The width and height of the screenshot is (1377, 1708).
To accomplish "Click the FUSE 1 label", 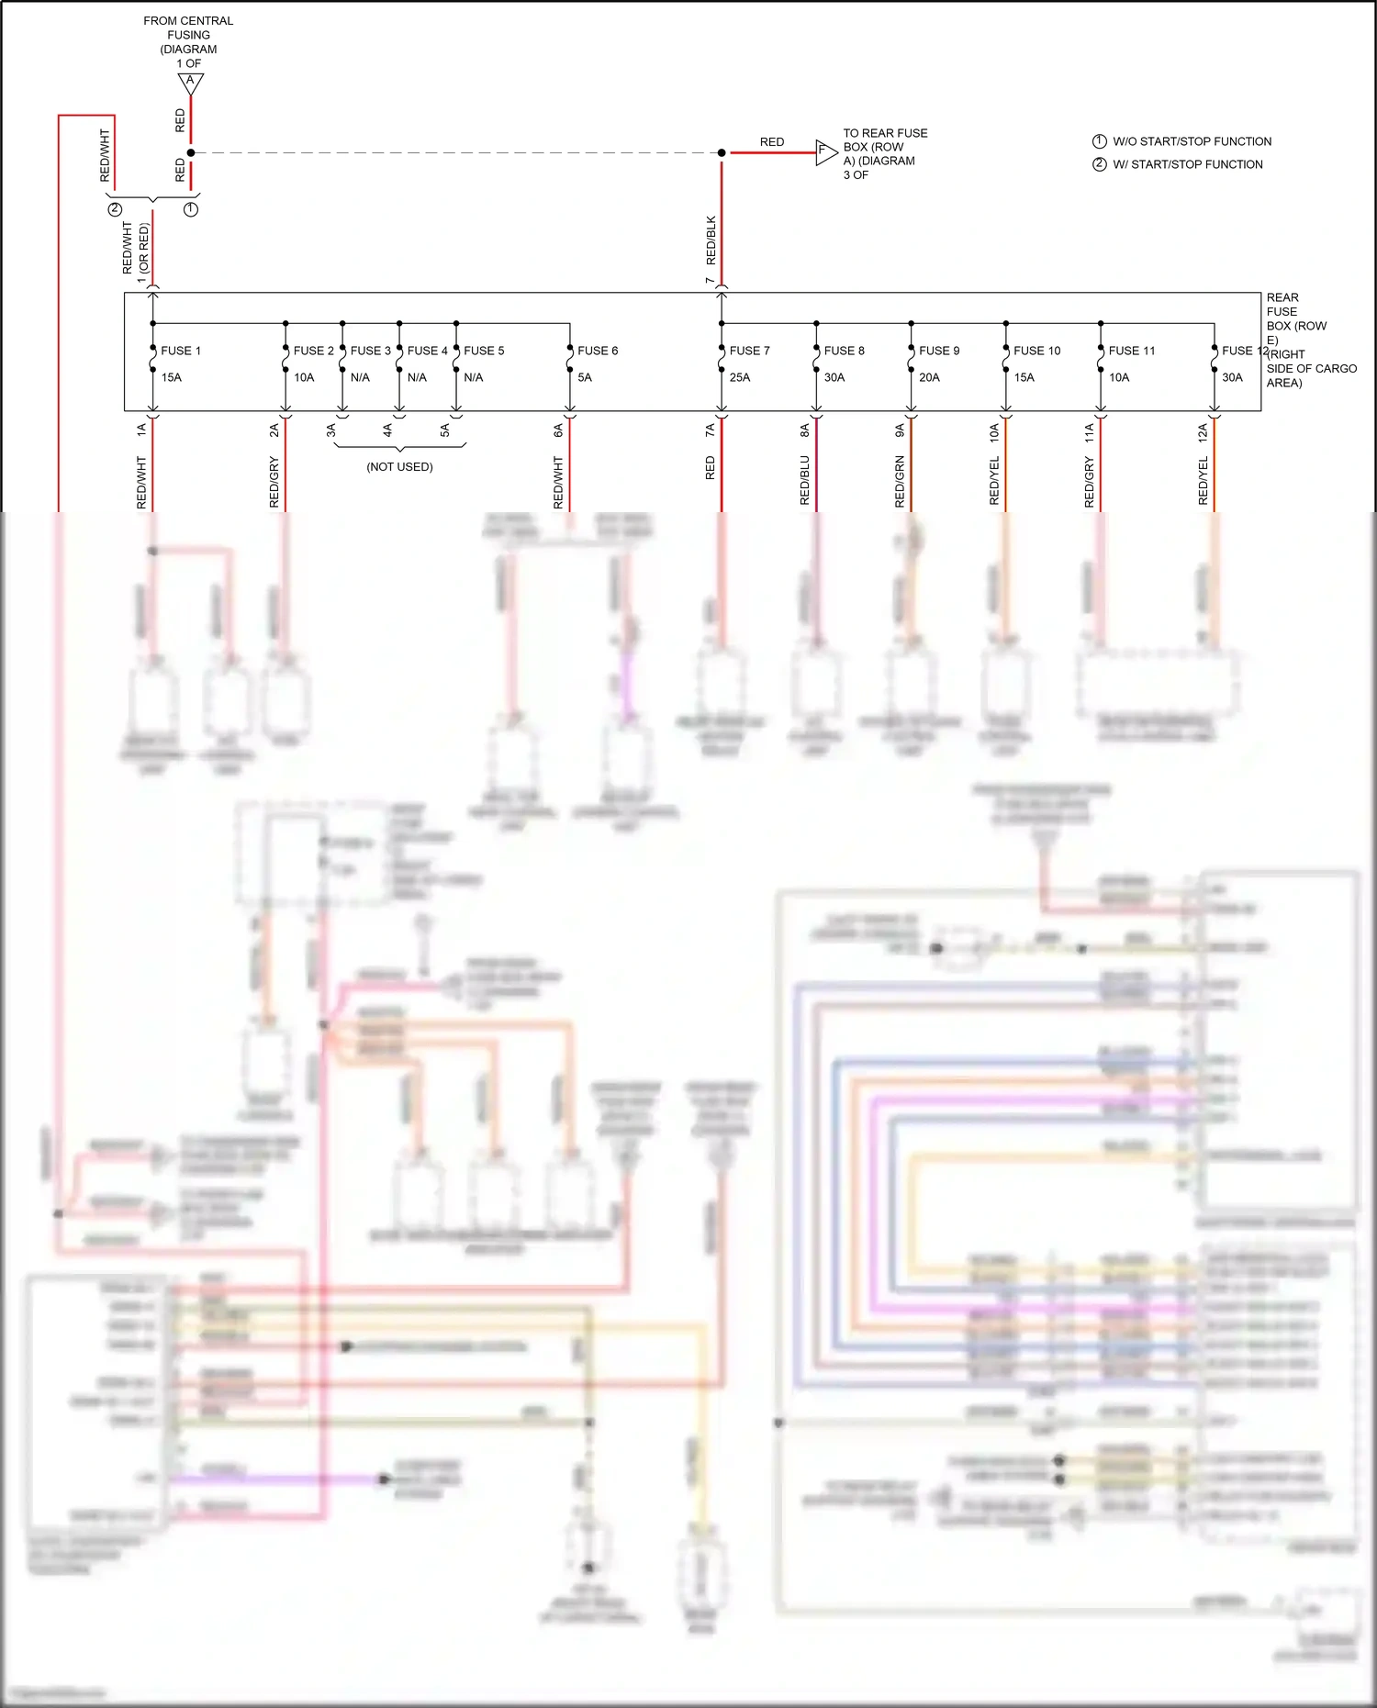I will click(180, 351).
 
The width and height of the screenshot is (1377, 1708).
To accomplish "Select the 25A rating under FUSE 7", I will click(740, 377).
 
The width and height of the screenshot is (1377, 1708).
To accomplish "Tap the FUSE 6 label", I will click(598, 351).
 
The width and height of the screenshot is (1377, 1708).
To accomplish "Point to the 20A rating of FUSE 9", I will click(929, 377).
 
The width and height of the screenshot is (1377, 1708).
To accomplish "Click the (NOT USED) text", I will click(399, 466).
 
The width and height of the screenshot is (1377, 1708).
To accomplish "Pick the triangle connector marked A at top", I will click(190, 83).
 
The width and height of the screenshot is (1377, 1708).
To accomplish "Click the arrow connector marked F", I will click(825, 152).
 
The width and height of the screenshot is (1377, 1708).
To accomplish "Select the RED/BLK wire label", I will click(711, 240).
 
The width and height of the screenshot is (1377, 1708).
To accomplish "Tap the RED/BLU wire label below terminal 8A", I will click(805, 480).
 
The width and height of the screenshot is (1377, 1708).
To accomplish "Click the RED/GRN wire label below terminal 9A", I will click(900, 481).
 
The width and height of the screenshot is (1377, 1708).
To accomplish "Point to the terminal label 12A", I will click(1203, 433).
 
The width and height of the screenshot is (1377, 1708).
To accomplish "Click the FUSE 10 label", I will click(1036, 351).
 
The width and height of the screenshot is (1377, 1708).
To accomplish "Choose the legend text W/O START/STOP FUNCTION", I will click(1192, 141).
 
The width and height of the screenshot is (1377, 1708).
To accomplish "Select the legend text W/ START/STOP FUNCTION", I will click(1187, 164).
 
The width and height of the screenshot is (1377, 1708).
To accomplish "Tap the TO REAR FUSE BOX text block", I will click(885, 153).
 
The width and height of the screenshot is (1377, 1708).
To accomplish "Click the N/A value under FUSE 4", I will click(417, 377).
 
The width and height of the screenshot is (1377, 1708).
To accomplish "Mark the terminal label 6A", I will click(558, 430).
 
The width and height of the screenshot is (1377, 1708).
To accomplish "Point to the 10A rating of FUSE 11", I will click(1119, 377).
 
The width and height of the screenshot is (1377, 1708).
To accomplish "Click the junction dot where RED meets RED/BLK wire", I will click(722, 152).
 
